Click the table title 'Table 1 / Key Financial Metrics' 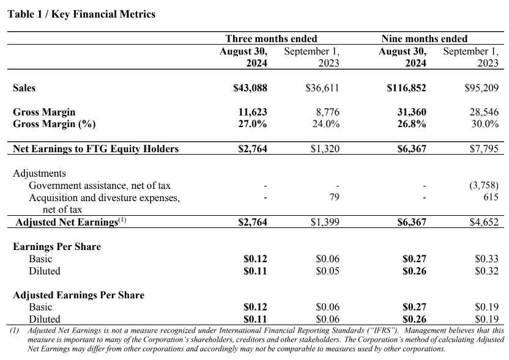pyautogui.click(x=81, y=14)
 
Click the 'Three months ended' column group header pyautogui.click(x=272, y=39)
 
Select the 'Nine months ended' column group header pyautogui.click(x=425, y=39)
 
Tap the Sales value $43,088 pyautogui.click(x=250, y=88)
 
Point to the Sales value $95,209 pyautogui.click(x=481, y=88)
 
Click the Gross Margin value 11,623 pyautogui.click(x=253, y=112)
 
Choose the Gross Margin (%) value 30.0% pyautogui.click(x=485, y=124)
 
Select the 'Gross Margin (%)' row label pyautogui.click(x=54, y=124)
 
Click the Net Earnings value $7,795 pyautogui.click(x=484, y=149)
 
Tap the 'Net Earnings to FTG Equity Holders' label pyautogui.click(x=96, y=149)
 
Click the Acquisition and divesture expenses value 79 pyautogui.click(x=335, y=197)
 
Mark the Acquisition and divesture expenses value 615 pyautogui.click(x=491, y=197)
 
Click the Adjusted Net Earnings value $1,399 pyautogui.click(x=325, y=222)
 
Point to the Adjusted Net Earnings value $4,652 pyautogui.click(x=484, y=222)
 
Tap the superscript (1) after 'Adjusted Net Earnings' pyautogui.click(x=122, y=220)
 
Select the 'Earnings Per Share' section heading pyautogui.click(x=57, y=246)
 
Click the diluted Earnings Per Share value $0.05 pyautogui.click(x=327, y=271)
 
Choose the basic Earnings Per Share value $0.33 pyautogui.click(x=486, y=259)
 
